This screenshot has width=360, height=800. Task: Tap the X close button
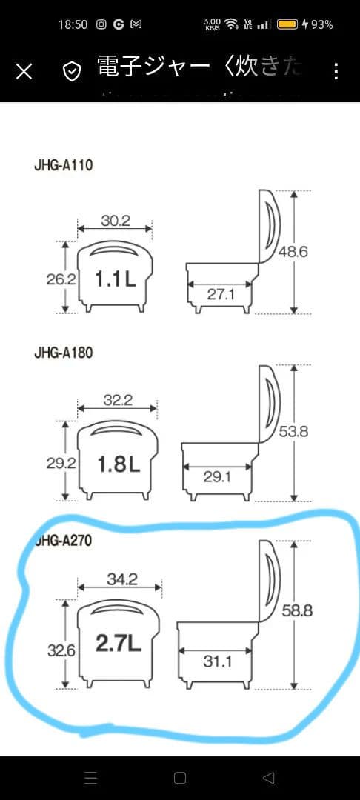pyautogui.click(x=24, y=71)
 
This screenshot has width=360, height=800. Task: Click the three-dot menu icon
pyautogui.click(x=336, y=71)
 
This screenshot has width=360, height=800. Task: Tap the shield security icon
pyautogui.click(x=72, y=71)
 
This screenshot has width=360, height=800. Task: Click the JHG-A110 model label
pyautogui.click(x=63, y=165)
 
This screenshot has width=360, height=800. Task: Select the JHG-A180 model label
pyautogui.click(x=63, y=353)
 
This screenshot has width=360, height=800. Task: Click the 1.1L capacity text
pyautogui.click(x=115, y=279)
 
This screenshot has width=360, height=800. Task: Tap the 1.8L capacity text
pyautogui.click(x=119, y=464)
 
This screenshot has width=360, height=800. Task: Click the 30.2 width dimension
pyautogui.click(x=115, y=220)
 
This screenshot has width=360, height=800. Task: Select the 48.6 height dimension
pyautogui.click(x=293, y=252)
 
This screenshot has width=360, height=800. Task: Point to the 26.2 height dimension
pyautogui.click(x=61, y=279)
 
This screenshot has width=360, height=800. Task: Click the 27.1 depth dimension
pyautogui.click(x=221, y=294)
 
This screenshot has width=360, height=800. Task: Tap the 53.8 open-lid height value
pyautogui.click(x=293, y=432)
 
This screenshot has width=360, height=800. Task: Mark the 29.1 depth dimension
pyautogui.click(x=218, y=477)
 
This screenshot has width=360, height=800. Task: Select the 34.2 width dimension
pyautogui.click(x=122, y=579)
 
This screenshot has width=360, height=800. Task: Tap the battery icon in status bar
pyautogui.click(x=287, y=24)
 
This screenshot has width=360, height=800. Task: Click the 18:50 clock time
pyautogui.click(x=73, y=24)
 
